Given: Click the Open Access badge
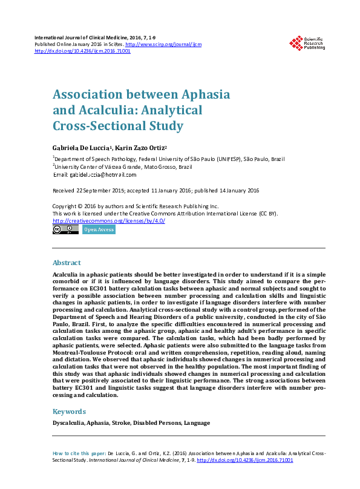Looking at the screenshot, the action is coord(98,229).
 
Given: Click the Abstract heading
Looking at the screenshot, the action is coord(67,263).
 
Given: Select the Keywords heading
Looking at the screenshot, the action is coord(69,412).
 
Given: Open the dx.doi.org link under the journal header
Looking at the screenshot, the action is coord(82,51).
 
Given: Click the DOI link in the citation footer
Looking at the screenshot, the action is coord(245,460).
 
